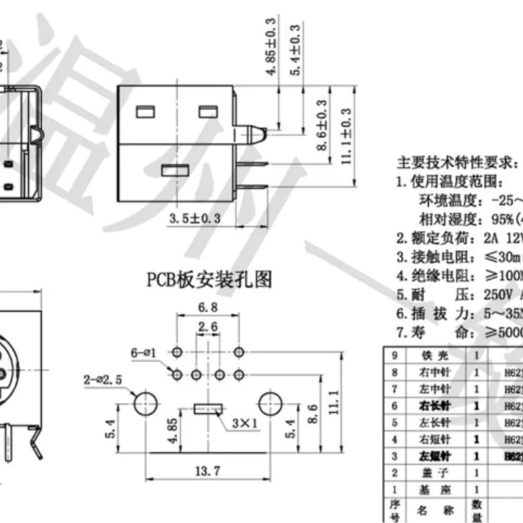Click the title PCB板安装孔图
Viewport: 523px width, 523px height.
point(208,280)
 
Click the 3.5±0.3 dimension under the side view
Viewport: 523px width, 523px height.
point(194,218)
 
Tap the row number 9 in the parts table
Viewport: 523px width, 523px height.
point(394,356)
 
